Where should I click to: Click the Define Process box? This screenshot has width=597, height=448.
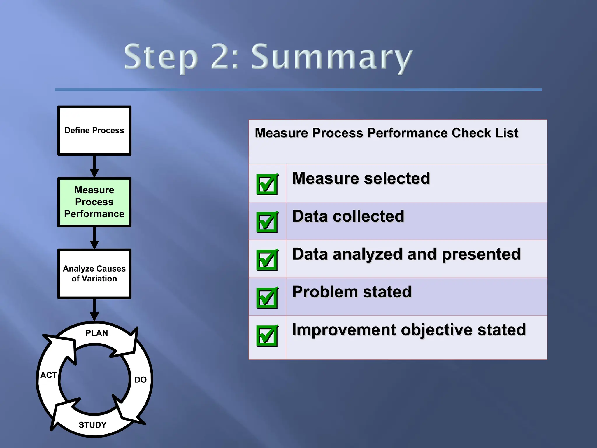click(94, 130)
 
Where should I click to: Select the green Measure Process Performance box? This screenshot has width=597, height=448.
click(94, 202)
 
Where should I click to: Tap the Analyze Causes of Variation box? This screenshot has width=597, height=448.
click(94, 274)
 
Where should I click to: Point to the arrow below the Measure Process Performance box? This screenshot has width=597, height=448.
click(94, 238)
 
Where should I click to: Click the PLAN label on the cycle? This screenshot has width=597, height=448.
click(97, 333)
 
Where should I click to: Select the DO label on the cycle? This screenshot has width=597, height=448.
click(140, 380)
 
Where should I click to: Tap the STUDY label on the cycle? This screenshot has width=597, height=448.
click(92, 425)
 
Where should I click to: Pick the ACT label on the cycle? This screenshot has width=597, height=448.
click(48, 375)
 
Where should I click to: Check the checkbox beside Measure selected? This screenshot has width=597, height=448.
click(267, 184)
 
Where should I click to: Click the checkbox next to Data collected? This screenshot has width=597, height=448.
click(267, 222)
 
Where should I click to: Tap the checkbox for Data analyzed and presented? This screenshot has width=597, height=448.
click(267, 260)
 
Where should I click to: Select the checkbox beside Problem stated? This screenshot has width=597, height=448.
click(267, 297)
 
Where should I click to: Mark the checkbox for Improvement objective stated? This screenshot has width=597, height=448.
click(267, 335)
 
